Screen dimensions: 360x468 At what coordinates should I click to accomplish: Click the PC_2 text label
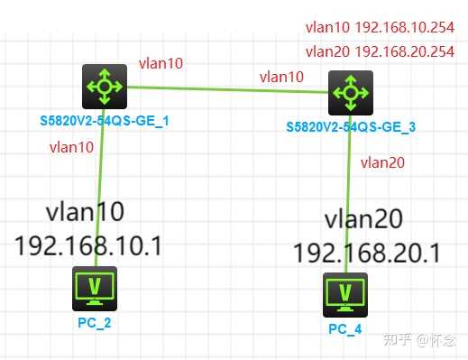(x=94, y=318)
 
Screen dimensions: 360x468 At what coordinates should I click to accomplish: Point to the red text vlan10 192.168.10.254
(x=379, y=27)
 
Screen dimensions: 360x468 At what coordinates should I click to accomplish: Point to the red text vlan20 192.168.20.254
(x=379, y=51)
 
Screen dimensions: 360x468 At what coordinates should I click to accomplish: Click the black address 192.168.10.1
(x=87, y=245)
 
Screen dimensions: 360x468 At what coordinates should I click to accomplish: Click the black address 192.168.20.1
(x=366, y=253)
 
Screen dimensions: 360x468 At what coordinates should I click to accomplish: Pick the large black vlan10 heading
(x=85, y=213)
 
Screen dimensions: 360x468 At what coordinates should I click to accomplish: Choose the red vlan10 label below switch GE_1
(x=72, y=145)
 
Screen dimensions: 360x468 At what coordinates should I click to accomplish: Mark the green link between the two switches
(x=225, y=89)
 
